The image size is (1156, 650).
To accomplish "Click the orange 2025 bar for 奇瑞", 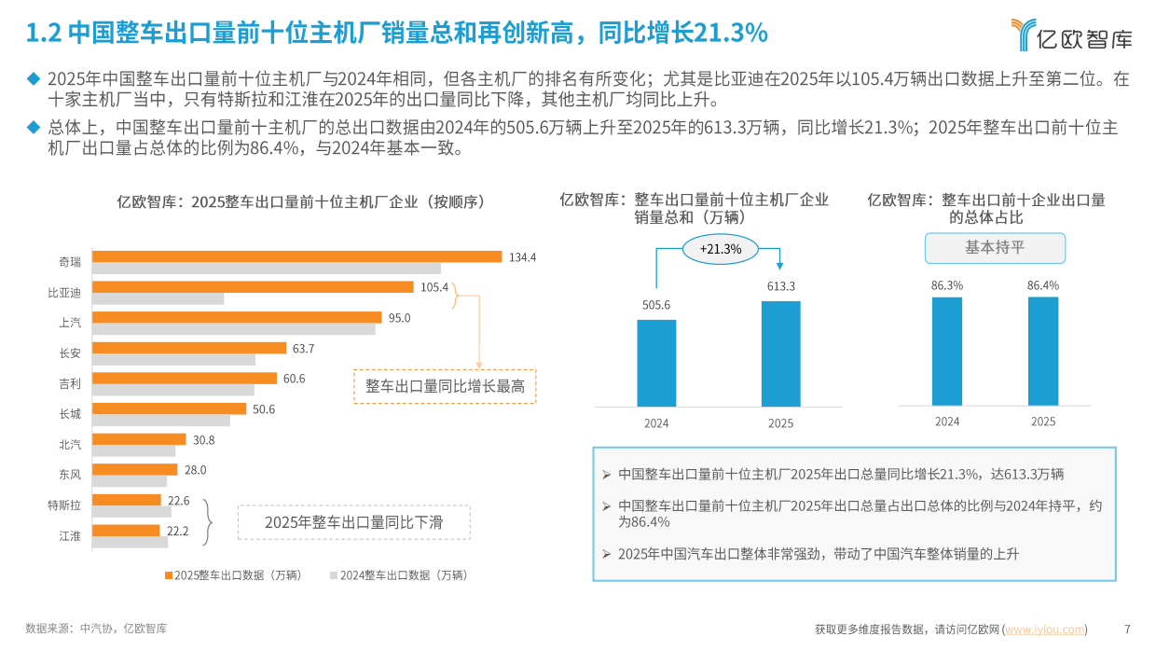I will (296, 256).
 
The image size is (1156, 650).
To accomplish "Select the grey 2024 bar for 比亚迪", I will (158, 299).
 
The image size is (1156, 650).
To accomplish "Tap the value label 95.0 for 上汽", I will (399, 318).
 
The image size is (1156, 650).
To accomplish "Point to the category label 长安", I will (70, 353).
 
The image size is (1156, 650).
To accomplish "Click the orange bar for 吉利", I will (185, 378).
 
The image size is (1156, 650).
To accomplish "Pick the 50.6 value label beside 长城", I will (264, 409).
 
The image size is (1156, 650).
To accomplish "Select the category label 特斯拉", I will (64, 505).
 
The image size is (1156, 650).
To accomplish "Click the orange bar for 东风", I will (135, 470).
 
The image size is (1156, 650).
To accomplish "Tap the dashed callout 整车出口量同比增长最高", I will (445, 386).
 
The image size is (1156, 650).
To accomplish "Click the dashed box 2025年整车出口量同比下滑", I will (353, 522).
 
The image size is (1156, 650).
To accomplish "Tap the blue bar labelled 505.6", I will (656, 363).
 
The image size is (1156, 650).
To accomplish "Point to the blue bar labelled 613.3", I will (780, 353).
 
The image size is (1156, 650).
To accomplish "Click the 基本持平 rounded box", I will (994, 249).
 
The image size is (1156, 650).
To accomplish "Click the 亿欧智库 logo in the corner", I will (1071, 35).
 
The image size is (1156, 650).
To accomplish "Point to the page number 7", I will (1127, 629).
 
